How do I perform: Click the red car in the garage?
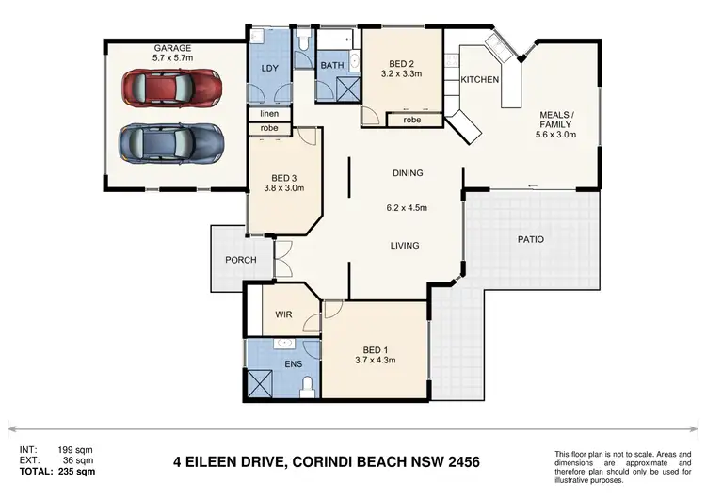click(172, 89)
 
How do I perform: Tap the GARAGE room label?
click(173, 48)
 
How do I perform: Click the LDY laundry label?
click(268, 70)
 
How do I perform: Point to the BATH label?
click(331, 65)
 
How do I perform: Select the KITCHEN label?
click(479, 80)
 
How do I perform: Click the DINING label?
click(408, 173)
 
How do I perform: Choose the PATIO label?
click(531, 239)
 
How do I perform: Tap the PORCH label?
click(241, 260)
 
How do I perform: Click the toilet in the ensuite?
click(308, 386)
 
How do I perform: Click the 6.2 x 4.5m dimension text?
click(408, 209)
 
